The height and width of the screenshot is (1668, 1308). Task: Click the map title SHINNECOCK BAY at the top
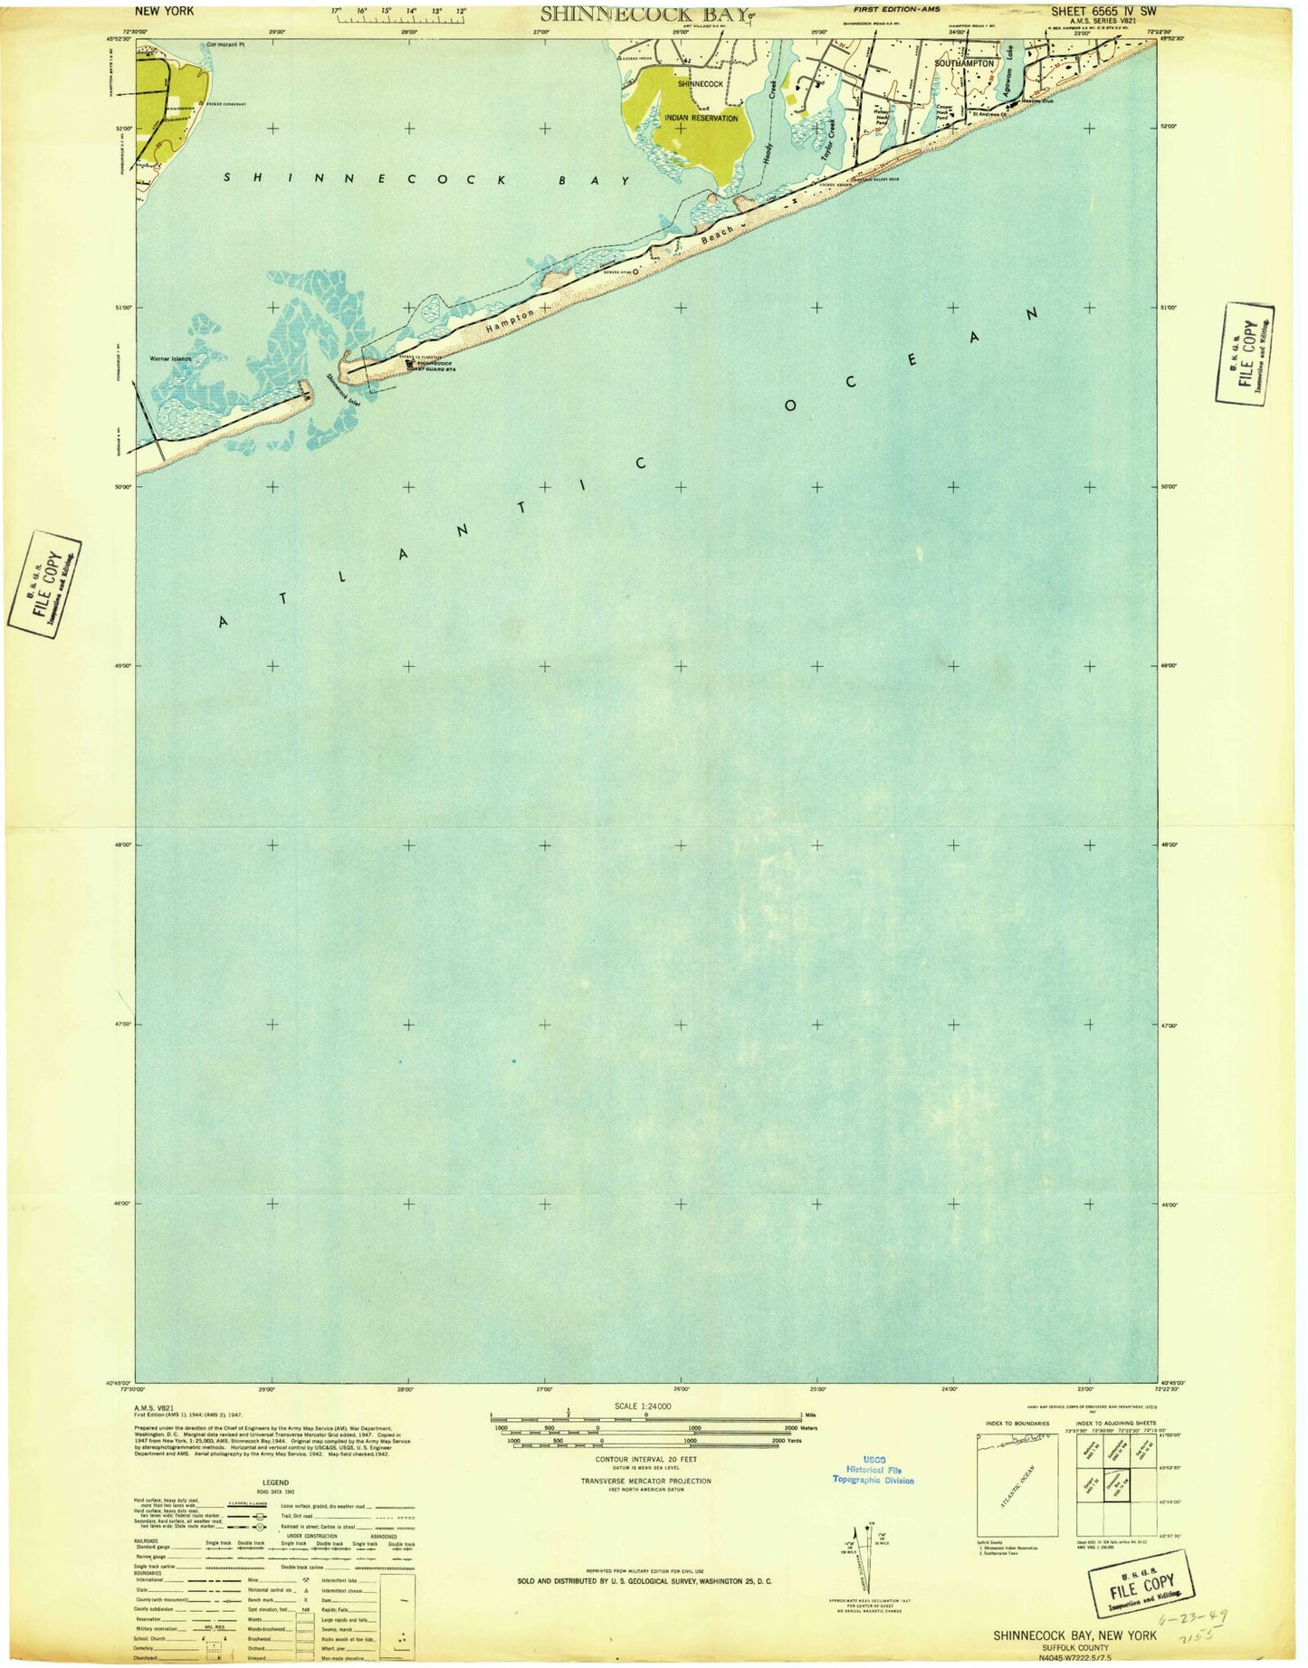coord(645,14)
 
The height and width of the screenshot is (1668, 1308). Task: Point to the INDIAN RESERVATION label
coord(702,118)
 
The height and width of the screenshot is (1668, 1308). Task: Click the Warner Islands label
coord(171,359)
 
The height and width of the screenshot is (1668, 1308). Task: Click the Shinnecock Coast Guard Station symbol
coord(410,364)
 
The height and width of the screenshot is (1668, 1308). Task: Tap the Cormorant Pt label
coord(225,44)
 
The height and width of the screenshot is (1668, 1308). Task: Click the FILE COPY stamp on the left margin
coord(45,583)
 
